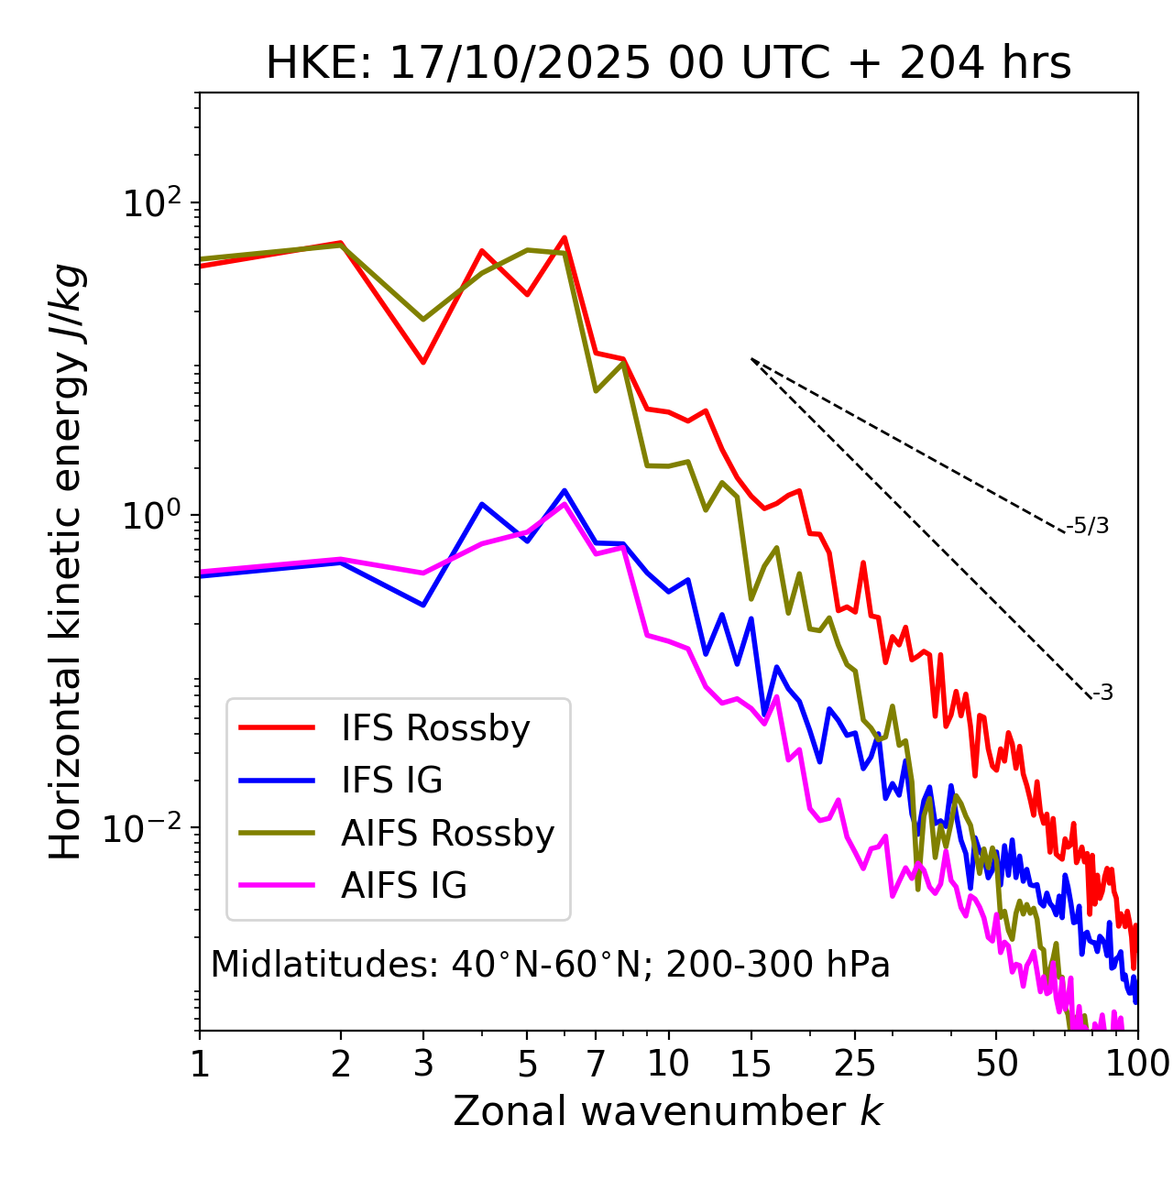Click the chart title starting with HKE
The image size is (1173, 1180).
pyautogui.click(x=668, y=64)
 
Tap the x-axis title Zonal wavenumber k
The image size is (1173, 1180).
pyautogui.click(x=668, y=1110)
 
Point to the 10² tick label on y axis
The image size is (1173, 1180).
pyautogui.click(x=150, y=203)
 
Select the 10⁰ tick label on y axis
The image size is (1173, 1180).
pyautogui.click(x=150, y=516)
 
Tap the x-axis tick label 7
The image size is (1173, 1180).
pyautogui.click(x=596, y=1064)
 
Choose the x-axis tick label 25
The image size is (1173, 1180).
pyautogui.click(x=855, y=1064)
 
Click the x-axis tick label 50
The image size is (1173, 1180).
pyautogui.click(x=996, y=1064)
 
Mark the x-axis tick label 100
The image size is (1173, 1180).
pyautogui.click(x=1137, y=1064)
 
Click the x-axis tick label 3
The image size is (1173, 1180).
pyautogui.click(x=423, y=1064)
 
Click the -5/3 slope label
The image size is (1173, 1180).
pyautogui.click(x=1088, y=526)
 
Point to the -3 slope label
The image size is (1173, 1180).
pyautogui.click(x=1102, y=694)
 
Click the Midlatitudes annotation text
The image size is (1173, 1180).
pyautogui.click(x=550, y=965)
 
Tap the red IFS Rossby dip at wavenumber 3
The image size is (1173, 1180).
pyautogui.click(x=423, y=362)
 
